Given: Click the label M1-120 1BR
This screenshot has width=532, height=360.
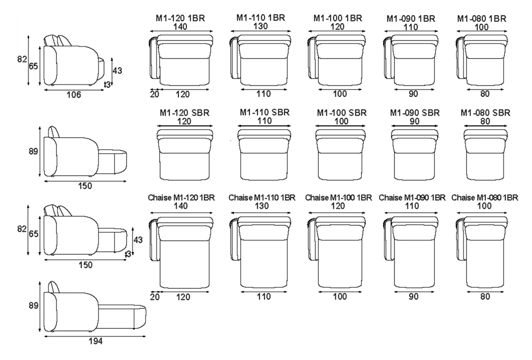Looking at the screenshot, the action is click(180, 18).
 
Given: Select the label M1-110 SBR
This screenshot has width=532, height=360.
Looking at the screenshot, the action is click(264, 112).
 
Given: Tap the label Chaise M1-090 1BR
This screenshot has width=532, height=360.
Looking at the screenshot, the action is click(412, 197).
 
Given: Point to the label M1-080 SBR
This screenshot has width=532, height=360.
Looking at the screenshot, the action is click(485, 113).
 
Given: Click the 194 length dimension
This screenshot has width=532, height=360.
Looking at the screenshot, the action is click(95, 341).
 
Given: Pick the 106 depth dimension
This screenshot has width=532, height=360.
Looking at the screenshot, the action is click(74, 95).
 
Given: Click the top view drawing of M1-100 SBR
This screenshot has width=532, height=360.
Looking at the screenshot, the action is click(340, 154).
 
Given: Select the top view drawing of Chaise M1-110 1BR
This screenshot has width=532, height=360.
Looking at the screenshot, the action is click(260, 252).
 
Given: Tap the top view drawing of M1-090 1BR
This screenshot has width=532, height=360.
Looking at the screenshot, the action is click(411, 60).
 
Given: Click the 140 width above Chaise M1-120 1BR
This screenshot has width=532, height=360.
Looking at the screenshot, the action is click(181, 206).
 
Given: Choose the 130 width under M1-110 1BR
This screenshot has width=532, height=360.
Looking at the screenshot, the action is click(260, 26).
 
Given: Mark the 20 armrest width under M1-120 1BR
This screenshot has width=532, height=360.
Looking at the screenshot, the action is click(154, 94).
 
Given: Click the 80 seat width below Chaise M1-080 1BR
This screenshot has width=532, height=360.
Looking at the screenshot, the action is click(485, 296).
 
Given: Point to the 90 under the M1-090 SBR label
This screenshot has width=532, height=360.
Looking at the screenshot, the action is click(415, 121).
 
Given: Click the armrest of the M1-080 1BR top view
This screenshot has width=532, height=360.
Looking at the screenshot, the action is click(461, 58).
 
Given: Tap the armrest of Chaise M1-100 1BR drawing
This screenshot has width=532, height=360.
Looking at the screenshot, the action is click(313, 239).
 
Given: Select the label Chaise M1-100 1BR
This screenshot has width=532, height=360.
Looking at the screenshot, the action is click(339, 197).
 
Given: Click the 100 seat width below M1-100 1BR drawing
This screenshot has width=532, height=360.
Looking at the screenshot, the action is click(340, 94).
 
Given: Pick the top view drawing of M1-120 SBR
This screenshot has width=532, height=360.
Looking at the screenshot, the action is click(184, 154).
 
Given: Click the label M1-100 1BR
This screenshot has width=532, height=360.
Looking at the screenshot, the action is click(338, 18).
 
